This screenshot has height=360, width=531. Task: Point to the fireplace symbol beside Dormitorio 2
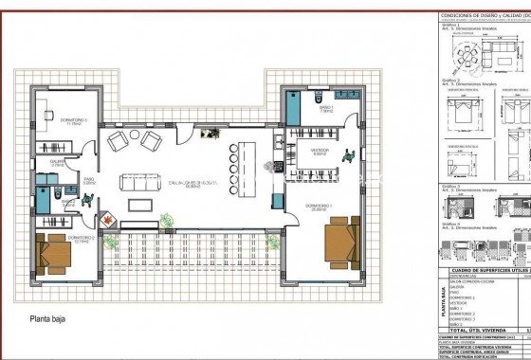[109, 222]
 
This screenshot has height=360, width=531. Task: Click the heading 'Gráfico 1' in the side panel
[449, 26]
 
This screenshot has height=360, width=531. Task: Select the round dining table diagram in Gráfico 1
[467, 54]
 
